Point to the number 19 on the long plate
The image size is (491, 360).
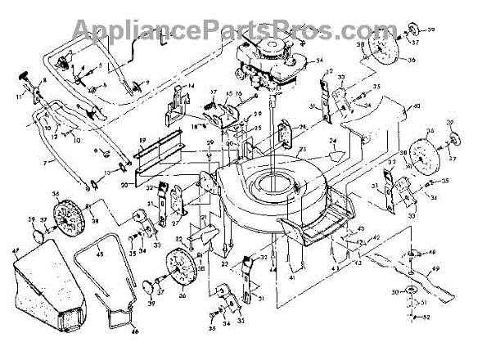pos(141,140)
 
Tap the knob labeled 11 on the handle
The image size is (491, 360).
pos(23,77)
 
